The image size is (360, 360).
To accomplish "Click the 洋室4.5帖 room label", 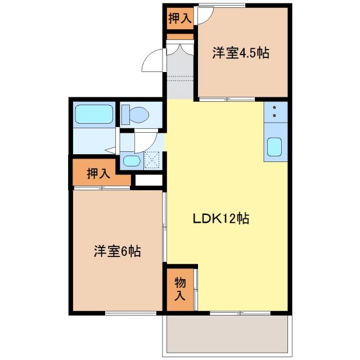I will (x=240, y=54).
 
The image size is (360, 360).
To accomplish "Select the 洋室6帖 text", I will (x=116, y=251).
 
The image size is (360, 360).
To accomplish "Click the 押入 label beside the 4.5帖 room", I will (x=179, y=19).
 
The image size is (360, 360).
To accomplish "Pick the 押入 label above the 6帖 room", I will (x=98, y=173).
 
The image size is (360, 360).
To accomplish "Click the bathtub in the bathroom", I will (x=94, y=114).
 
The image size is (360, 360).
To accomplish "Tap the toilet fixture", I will (x=136, y=115).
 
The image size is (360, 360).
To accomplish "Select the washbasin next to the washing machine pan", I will (x=132, y=161).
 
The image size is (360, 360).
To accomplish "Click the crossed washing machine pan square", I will (x=152, y=161).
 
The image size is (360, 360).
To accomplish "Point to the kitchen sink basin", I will (x=274, y=147).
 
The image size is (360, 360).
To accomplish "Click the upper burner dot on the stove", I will (x=274, y=107).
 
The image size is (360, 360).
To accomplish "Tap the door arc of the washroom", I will (x=147, y=141).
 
